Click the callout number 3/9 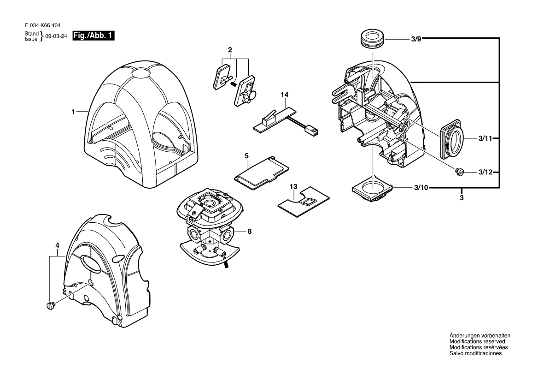click(x=416, y=39)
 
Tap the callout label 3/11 click(x=485, y=138)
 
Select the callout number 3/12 click(x=485, y=172)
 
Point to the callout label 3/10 click(x=421, y=188)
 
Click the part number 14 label click(x=285, y=95)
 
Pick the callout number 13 click(x=293, y=186)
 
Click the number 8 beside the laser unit click(x=250, y=232)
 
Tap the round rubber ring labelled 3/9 click(x=372, y=39)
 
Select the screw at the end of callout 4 click(x=51, y=305)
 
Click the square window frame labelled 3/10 click(x=372, y=188)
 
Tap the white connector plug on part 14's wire click(x=313, y=131)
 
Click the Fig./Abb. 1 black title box click(x=94, y=36)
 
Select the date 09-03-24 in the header click(x=56, y=36)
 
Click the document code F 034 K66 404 click(x=43, y=25)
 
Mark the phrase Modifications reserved click(x=477, y=341)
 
